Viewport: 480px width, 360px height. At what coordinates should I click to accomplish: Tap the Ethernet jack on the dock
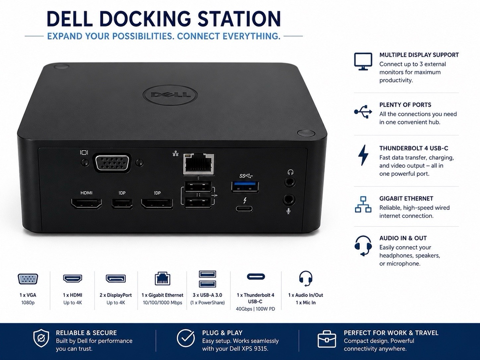(199, 164)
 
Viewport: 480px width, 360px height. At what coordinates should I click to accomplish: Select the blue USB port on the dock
(245, 187)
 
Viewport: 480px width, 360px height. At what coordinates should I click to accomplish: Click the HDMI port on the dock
(87, 204)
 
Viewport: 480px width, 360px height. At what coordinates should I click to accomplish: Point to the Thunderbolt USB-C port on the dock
(244, 209)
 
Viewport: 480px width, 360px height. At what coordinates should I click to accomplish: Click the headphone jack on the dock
(290, 182)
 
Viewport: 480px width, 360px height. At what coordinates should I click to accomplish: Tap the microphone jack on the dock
(289, 200)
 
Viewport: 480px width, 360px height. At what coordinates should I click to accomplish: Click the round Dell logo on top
(170, 95)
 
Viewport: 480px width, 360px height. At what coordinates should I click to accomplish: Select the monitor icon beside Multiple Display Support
(363, 61)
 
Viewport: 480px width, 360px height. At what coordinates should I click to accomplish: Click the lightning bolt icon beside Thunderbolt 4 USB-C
(363, 155)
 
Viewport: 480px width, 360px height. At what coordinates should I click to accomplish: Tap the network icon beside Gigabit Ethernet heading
(363, 205)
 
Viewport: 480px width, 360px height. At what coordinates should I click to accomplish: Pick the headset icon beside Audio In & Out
(363, 246)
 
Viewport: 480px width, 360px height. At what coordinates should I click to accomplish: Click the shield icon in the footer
(41, 338)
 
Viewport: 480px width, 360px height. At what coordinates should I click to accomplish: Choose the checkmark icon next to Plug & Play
(186, 338)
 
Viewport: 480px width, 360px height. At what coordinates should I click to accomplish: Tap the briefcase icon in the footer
(327, 339)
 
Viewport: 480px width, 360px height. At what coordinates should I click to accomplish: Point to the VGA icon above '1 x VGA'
(28, 279)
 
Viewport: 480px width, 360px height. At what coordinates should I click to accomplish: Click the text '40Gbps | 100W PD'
(256, 309)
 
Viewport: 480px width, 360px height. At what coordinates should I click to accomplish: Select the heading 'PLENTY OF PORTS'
(405, 105)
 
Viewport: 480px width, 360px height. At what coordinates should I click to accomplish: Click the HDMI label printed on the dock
(87, 193)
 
